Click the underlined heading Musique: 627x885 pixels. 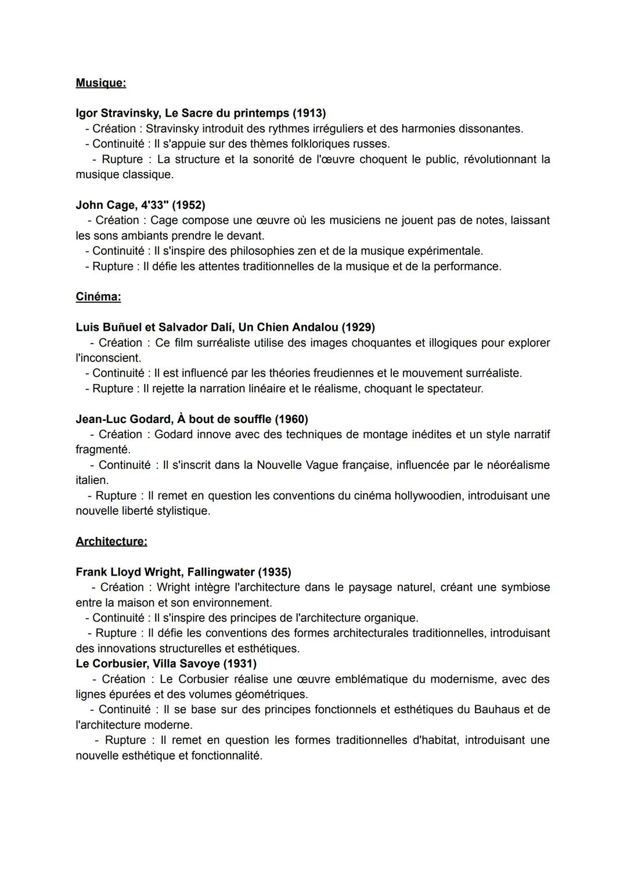(100, 83)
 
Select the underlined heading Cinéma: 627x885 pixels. (98, 297)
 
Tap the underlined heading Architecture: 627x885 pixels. (111, 541)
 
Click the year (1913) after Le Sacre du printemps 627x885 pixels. (309, 113)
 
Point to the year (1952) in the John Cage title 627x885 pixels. (188, 205)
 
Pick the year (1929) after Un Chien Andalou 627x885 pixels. (358, 327)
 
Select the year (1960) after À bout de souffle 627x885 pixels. (291, 419)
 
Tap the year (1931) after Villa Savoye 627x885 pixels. (240, 663)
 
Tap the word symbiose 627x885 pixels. (525, 587)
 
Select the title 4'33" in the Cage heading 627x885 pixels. (154, 205)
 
